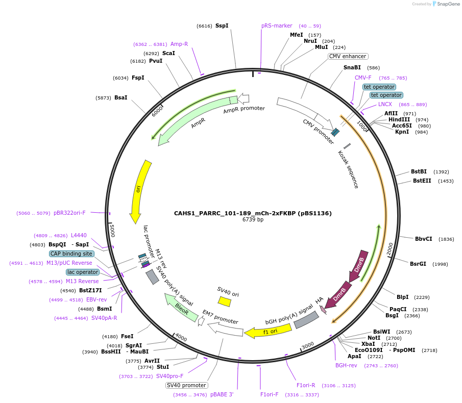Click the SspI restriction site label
pyautogui.click(x=222, y=26)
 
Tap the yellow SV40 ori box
pyautogui.click(x=224, y=302)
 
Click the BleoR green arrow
pyautogui.click(x=181, y=308)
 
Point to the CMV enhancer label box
pyautogui.click(x=348, y=57)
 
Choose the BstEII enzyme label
pyautogui.click(x=422, y=181)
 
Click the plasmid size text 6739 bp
pyautogui.click(x=253, y=220)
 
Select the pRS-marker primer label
pyautogui.click(x=277, y=26)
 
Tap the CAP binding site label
pyautogui.click(x=71, y=254)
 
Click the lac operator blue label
pyautogui.click(x=82, y=272)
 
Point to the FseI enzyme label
pyautogui.click(x=127, y=336)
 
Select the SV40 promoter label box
pyautogui.click(x=187, y=385)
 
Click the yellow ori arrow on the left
pyautogui.click(x=139, y=191)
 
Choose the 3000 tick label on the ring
pyautogui.click(x=307, y=346)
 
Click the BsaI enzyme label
pyautogui.click(x=120, y=97)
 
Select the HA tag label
pyautogui.click(x=320, y=300)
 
